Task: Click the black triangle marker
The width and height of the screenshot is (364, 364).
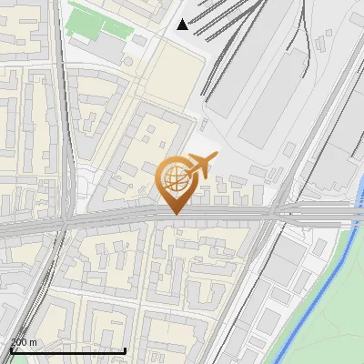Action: coord(183,24)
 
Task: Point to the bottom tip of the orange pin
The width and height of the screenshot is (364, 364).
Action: coord(175,214)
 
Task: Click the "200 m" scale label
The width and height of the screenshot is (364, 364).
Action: coord(23,342)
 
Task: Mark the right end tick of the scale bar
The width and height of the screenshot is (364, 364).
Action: coord(125,349)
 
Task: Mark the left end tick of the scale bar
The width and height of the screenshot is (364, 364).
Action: coord(11,349)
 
